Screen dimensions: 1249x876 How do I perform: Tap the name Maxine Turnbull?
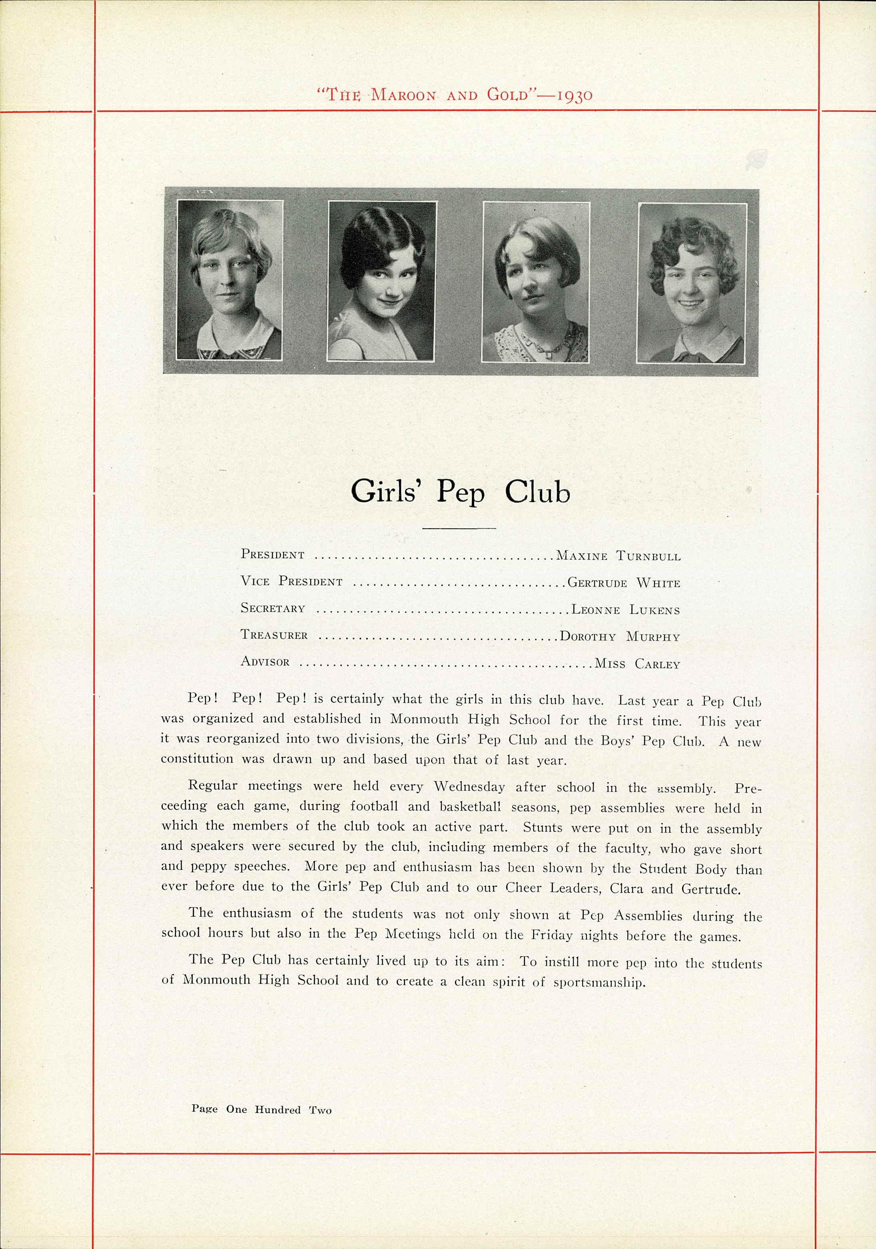coord(618,556)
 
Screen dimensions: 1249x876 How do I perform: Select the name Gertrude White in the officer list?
coord(624,583)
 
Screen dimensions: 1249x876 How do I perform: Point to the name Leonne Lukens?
coord(625,610)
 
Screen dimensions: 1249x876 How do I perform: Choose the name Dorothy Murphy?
coord(620,636)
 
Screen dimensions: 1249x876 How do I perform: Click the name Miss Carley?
coord(637,663)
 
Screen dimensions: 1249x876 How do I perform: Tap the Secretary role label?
coord(273,608)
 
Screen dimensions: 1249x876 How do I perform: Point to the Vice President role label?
coord(291,582)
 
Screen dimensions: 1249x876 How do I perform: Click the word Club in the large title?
coord(537,492)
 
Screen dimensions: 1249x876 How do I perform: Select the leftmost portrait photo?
coord(229,280)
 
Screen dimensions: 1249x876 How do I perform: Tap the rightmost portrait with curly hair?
coord(692,282)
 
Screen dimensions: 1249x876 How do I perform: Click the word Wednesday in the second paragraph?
coord(469,787)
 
